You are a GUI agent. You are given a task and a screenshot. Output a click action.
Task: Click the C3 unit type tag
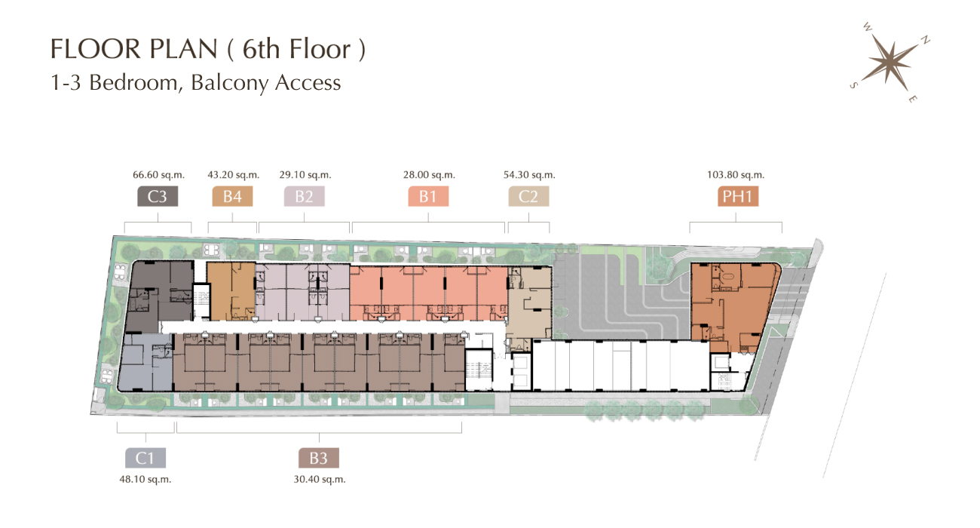click(158, 196)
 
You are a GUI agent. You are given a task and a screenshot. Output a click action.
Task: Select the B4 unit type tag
click(232, 196)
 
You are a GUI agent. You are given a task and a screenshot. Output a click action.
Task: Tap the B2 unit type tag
click(304, 196)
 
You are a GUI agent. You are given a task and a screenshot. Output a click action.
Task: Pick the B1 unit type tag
click(428, 196)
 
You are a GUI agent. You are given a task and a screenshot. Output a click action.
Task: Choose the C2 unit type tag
click(528, 196)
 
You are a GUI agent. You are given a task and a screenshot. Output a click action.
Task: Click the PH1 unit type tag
click(737, 196)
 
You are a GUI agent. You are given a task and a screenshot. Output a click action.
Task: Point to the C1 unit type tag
click(145, 458)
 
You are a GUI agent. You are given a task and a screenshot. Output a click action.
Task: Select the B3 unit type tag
click(318, 458)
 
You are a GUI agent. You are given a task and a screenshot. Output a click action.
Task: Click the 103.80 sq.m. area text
click(736, 175)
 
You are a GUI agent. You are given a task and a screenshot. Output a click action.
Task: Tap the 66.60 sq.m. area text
click(159, 175)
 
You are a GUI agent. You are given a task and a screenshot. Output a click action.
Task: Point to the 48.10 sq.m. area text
click(145, 480)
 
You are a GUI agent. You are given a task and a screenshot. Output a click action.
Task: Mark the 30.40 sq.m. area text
click(320, 480)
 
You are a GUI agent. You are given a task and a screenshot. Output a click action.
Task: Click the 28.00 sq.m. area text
click(429, 175)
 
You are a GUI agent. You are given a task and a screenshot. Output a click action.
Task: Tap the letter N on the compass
click(925, 40)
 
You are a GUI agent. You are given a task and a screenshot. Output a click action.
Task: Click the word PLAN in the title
click(183, 48)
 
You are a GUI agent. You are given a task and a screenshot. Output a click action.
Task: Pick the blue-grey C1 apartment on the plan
click(145, 363)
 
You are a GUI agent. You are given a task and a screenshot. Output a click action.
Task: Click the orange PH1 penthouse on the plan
click(730, 306)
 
